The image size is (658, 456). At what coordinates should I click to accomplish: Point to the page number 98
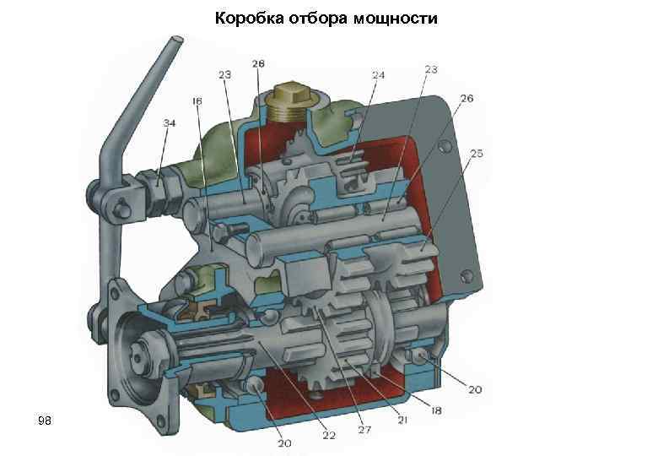tap(45, 419)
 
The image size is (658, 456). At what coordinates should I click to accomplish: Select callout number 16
tap(197, 101)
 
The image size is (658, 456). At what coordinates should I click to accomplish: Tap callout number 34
tap(170, 123)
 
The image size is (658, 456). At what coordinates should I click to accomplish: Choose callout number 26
tap(467, 99)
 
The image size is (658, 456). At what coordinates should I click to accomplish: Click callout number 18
tap(437, 410)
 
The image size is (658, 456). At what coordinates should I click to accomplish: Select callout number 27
tap(364, 431)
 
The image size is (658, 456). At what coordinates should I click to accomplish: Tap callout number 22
tap(329, 436)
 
